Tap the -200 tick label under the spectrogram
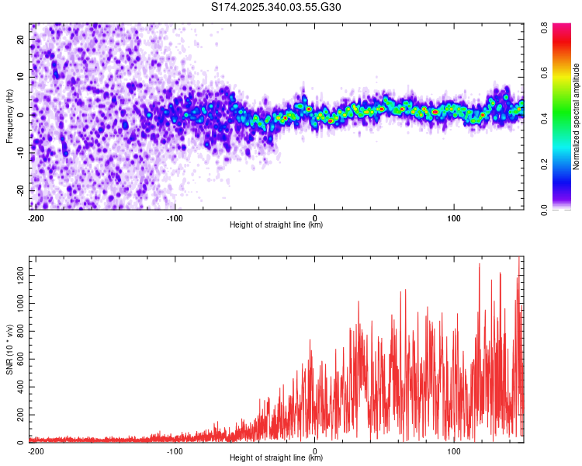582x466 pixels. click(x=35, y=218)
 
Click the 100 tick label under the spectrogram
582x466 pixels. click(x=452, y=218)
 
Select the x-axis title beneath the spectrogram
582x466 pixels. click(x=276, y=225)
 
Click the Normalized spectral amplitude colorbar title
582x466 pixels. click(x=576, y=116)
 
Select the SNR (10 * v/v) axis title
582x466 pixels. click(x=9, y=349)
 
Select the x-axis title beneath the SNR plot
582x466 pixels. click(x=276, y=458)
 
